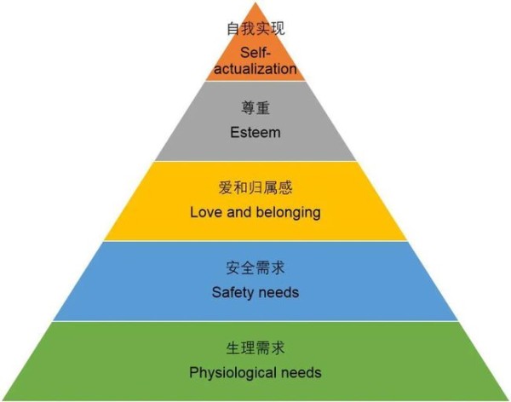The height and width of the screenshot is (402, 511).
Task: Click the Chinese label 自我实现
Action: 255,29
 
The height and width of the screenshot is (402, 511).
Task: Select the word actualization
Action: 255,68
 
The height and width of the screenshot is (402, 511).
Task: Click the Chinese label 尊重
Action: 255,108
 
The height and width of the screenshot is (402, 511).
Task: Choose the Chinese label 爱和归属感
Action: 255,187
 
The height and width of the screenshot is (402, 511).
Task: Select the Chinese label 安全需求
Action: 255,267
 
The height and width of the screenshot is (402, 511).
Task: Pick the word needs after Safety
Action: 279,292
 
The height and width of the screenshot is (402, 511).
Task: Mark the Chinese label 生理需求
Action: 255,347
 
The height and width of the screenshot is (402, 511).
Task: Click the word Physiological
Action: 232,372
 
